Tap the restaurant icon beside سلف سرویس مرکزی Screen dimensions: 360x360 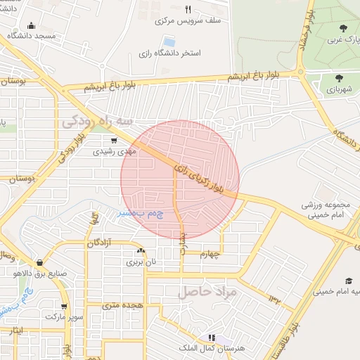click(x=187, y=10)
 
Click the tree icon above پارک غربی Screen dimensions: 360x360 click(x=342, y=28)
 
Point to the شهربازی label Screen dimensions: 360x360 click(x=340, y=89)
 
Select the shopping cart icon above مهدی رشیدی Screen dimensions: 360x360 click(x=113, y=141)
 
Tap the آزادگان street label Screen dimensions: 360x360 click(x=101, y=243)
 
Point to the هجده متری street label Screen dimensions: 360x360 click(x=122, y=305)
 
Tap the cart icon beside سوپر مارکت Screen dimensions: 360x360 click(x=65, y=307)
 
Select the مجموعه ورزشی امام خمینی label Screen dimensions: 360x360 click(x=326, y=210)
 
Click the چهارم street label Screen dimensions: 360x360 click(x=210, y=254)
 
